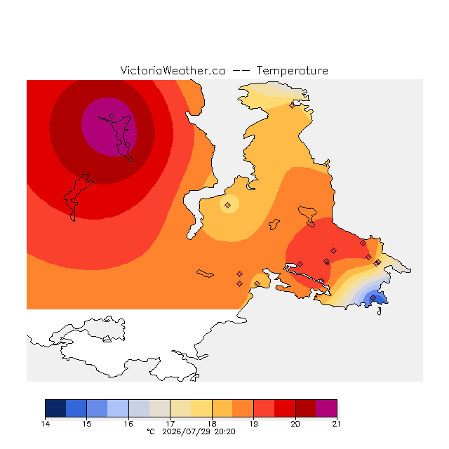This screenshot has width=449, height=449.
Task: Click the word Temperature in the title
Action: (292, 70)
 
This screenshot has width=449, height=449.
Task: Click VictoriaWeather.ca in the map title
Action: (173, 70)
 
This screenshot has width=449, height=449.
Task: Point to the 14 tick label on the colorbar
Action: (45, 424)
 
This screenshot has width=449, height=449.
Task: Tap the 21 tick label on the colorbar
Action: (337, 424)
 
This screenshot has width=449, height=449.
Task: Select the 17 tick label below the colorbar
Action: (170, 424)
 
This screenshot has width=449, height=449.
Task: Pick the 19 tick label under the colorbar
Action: (253, 424)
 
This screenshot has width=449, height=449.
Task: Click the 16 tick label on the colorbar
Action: (128, 424)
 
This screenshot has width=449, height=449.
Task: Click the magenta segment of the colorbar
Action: (326, 408)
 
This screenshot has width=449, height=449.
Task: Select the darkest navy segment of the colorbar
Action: (55, 408)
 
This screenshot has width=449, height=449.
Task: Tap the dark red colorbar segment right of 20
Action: (306, 408)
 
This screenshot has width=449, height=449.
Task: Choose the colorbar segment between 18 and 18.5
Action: (222, 408)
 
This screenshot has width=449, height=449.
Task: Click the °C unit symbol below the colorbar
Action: (151, 431)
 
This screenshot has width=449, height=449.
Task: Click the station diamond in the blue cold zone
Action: (373, 297)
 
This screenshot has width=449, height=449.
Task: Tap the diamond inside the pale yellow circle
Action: (227, 205)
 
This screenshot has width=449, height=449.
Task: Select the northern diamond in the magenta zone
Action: (112, 116)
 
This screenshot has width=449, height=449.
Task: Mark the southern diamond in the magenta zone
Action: (128, 145)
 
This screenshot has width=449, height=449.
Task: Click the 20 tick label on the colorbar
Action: (295, 424)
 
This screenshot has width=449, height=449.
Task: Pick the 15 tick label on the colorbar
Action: (87, 424)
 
